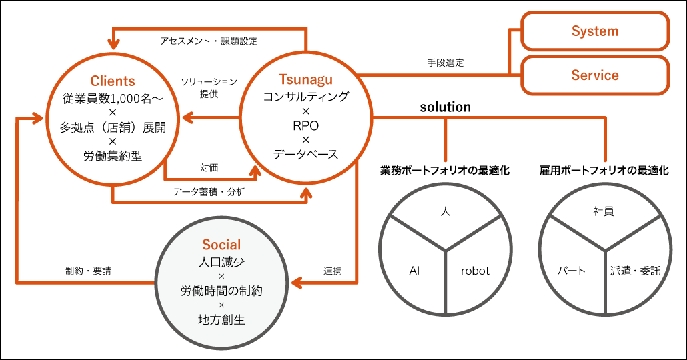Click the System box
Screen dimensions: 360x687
[595, 31]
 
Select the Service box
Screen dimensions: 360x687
[595, 75]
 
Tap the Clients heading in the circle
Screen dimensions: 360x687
[112, 81]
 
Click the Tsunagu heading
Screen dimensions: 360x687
[305, 80]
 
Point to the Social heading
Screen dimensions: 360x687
[221, 245]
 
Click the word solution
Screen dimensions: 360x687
[445, 107]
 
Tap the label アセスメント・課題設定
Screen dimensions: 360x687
[209, 41]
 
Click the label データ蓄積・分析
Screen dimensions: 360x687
[209, 192]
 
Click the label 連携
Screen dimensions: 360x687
[333, 271]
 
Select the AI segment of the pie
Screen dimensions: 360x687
[414, 271]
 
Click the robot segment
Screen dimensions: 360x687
[475, 271]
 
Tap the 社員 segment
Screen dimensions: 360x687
[603, 211]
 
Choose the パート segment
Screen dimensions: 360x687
[572, 271]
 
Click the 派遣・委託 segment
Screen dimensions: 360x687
[635, 271]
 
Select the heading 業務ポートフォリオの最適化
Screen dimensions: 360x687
[445, 171]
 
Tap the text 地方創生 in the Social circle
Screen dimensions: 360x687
[221, 320]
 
